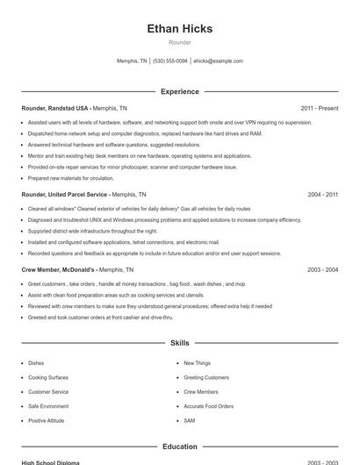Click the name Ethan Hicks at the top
[179, 29]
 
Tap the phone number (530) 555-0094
[169, 61]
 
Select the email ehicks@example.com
[218, 61]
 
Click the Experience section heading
[179, 91]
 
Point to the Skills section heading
[179, 343]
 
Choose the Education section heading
[179, 447]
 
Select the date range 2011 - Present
[319, 108]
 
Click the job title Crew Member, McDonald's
[58, 270]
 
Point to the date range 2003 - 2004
[322, 270]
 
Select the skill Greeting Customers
[205, 377]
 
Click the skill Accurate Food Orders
[208, 406]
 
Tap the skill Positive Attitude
[46, 421]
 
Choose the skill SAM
[189, 421]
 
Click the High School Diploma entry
[50, 462]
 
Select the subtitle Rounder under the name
[179, 42]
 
